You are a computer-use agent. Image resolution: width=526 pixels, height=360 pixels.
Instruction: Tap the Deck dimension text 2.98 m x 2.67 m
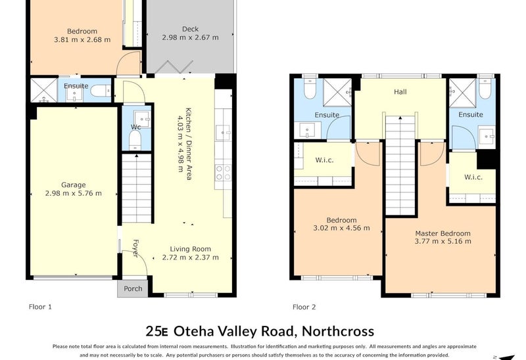190,38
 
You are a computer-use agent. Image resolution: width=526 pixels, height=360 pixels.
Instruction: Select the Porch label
133,288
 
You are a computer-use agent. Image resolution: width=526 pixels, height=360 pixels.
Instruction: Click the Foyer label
135,248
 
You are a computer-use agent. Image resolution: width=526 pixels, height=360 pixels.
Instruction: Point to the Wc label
135,127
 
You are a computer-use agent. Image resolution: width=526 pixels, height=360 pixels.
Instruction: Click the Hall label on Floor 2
400,92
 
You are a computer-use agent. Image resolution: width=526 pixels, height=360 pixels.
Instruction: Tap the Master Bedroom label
442,233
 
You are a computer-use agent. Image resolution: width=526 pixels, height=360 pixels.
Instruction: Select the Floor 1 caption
40,306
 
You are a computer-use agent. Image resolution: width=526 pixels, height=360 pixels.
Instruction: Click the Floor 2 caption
304,306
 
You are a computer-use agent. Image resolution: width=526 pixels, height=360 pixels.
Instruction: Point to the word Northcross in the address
336,331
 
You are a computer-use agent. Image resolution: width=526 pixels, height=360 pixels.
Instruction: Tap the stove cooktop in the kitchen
223,172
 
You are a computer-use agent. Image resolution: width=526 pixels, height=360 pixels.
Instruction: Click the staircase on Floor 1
137,187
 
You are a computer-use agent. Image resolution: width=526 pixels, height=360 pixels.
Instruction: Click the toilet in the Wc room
135,140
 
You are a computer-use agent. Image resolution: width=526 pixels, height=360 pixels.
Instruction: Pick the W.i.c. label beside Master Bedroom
473,177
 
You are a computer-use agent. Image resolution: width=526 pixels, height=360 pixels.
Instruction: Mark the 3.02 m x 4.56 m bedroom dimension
341,229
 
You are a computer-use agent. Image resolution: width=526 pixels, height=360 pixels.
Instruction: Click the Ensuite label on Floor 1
76,86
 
